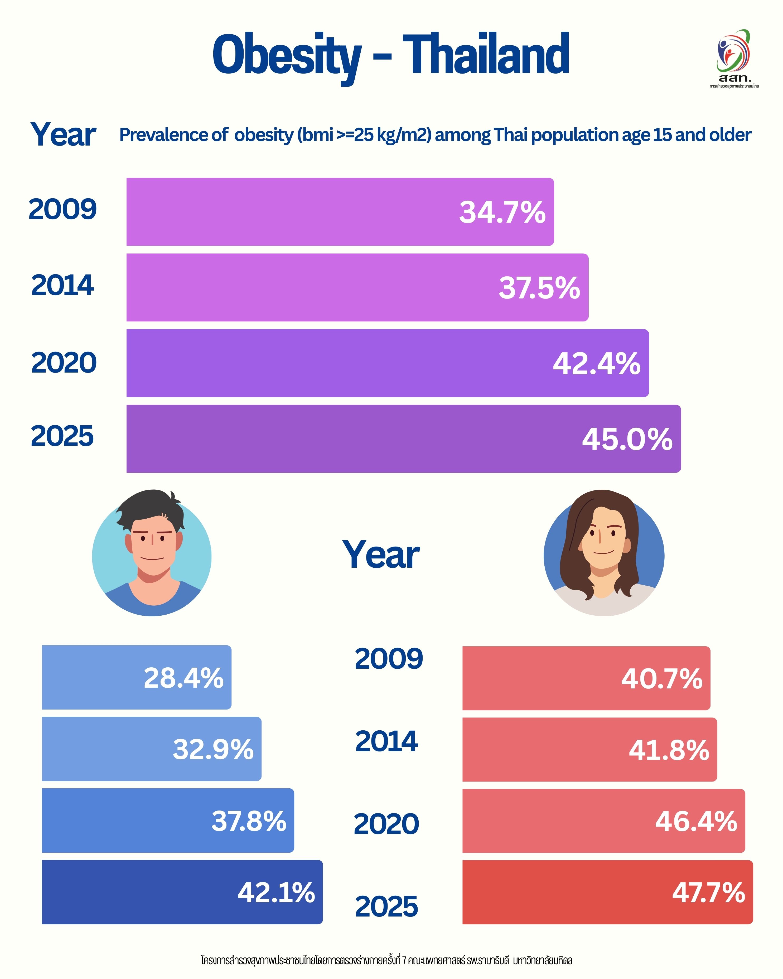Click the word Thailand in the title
pos(486,55)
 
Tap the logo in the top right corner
pos(734,57)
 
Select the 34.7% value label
pos(502,212)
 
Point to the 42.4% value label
pos(596,364)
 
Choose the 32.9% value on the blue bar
pos(213,749)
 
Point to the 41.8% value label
pos(669,750)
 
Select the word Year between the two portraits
pos(381,555)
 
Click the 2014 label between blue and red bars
pos(386,741)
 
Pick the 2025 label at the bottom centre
pos(386,906)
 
